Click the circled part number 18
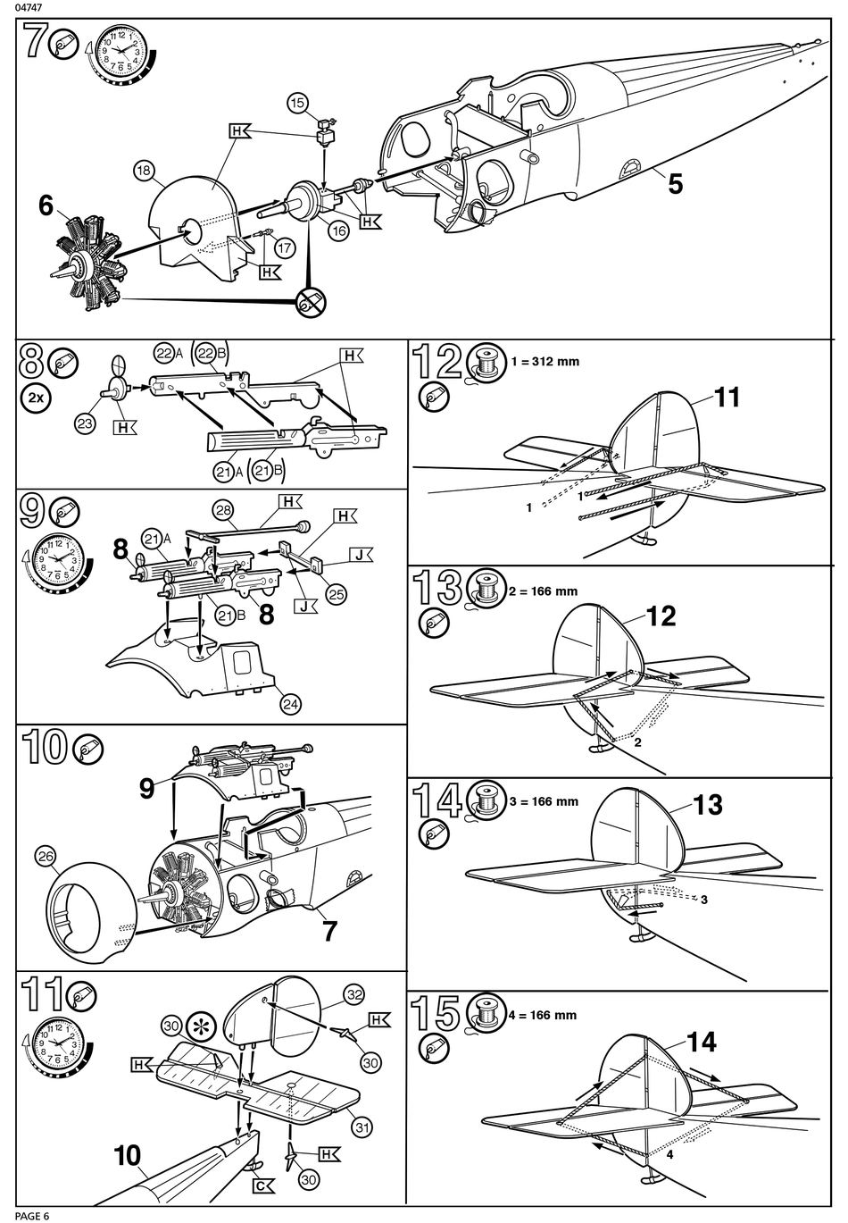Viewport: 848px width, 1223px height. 143,172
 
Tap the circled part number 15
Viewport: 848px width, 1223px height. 297,104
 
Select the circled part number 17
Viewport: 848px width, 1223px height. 285,248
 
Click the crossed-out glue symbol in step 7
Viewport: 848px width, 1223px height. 311,301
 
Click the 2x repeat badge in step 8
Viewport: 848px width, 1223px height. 36,398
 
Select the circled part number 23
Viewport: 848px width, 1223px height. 85,423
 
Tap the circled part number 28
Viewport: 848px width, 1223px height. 223,510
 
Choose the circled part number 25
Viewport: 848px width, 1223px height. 337,594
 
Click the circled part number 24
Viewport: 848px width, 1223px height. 291,704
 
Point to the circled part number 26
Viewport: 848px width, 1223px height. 46,857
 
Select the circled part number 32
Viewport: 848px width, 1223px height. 354,994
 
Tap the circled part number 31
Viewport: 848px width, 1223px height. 362,1127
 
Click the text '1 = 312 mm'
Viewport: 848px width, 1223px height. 545,362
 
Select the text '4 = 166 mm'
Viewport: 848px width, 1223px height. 543,1015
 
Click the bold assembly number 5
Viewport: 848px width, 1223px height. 676,184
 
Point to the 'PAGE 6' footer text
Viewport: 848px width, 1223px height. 32,1216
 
